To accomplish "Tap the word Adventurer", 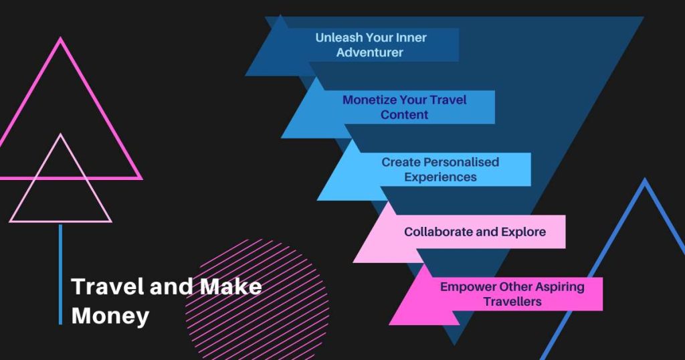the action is click(369, 52).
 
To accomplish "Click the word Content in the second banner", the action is click(404, 115).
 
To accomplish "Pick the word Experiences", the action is click(440, 177).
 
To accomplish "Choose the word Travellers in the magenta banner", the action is click(512, 302).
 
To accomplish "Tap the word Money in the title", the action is click(110, 316).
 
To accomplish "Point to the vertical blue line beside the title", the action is click(60, 274).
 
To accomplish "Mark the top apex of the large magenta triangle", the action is click(60, 38).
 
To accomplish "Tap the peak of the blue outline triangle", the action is click(644, 179).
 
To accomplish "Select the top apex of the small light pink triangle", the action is click(60, 134).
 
